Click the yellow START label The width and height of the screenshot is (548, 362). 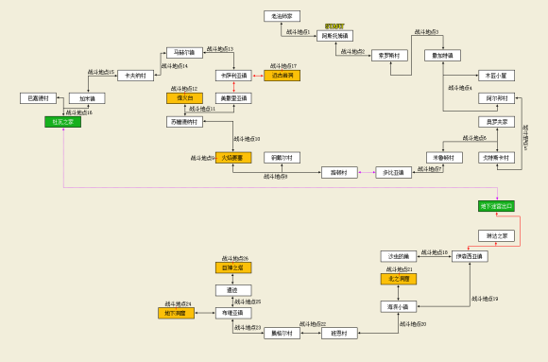pos(334,26)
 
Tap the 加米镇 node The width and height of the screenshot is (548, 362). pos(87,98)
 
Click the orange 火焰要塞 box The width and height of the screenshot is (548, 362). pos(233,158)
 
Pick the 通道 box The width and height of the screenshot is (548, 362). pos(232,290)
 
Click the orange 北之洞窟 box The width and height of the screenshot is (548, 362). pos(398,279)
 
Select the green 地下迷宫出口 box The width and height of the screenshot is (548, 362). pos(496,206)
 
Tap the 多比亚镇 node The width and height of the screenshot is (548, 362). pos(393,172)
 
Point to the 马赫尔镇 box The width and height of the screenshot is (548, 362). pos(184,53)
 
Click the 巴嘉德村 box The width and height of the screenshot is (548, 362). pos(38,98)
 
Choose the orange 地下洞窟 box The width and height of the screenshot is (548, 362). pos(176,313)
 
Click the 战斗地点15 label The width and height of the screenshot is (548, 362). pos(101,72)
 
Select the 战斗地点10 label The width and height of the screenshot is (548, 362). pos(247,139)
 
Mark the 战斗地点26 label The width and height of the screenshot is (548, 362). pos(234,258)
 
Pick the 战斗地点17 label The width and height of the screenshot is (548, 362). pos(281,66)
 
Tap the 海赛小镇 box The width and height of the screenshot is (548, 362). pos(397,306)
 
